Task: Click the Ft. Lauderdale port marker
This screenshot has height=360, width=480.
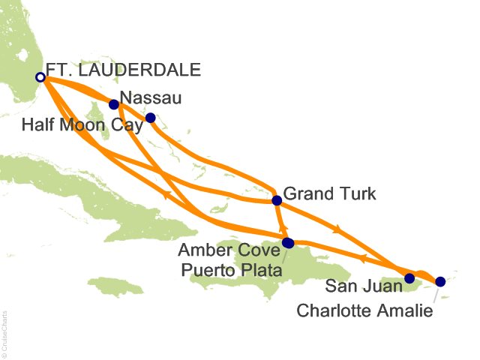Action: coord(40,76)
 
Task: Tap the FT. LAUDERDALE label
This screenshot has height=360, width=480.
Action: coord(123,71)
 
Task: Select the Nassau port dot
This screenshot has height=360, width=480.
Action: coord(114,104)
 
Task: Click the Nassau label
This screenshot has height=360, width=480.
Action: coord(151,97)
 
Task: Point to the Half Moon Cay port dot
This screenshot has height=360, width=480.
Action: coord(150,118)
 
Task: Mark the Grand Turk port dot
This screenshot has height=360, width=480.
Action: coord(277,200)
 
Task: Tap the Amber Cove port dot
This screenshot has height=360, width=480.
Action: coord(288,241)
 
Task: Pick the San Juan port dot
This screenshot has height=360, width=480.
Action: coord(409,278)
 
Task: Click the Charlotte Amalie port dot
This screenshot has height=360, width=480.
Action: coord(440,281)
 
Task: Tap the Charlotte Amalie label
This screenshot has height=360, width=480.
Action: coord(364,310)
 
